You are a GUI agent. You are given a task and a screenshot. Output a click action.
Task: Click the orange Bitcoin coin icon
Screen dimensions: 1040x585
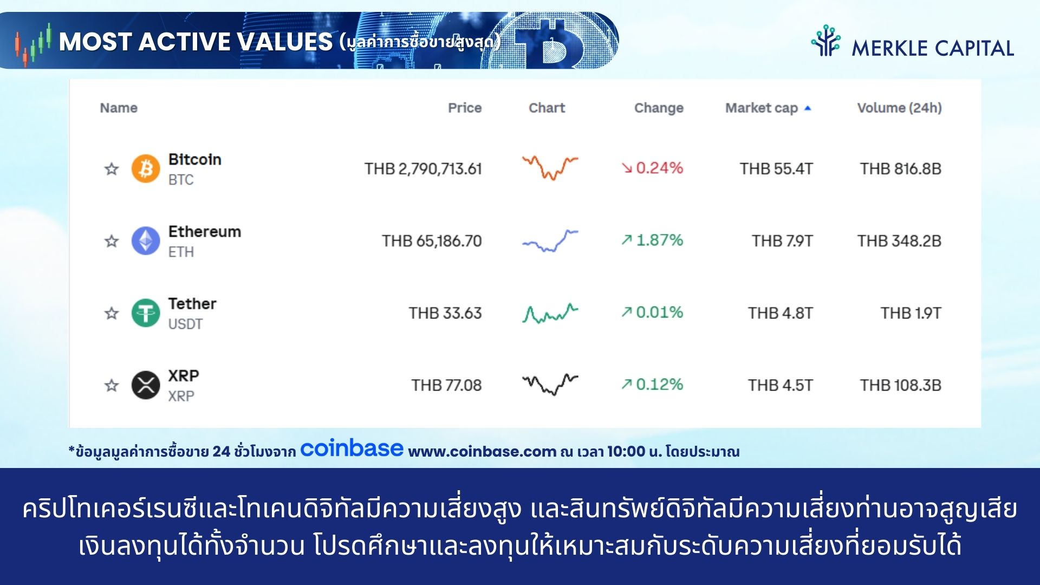click(x=146, y=168)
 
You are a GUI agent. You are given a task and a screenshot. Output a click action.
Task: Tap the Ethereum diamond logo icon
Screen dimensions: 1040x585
click(x=146, y=240)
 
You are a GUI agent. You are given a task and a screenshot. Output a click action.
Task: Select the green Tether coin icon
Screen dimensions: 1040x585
click(x=146, y=313)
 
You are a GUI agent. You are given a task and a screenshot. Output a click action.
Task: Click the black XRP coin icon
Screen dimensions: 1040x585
click(x=146, y=385)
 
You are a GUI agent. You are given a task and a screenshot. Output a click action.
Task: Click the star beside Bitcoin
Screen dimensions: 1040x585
click(x=112, y=168)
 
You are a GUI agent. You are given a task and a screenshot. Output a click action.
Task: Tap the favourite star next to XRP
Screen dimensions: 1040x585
click(x=112, y=385)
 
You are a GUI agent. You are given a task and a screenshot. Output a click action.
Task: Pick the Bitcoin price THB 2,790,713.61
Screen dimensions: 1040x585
click(x=423, y=169)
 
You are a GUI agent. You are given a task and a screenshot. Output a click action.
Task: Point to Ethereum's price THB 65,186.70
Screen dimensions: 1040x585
click(x=432, y=241)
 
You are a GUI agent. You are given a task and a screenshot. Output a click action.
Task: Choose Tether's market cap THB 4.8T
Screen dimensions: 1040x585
click(x=781, y=313)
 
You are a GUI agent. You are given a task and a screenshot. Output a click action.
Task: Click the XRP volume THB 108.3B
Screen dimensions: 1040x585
click(x=901, y=385)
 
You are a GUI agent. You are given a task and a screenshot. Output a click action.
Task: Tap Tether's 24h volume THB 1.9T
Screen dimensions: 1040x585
click(x=911, y=313)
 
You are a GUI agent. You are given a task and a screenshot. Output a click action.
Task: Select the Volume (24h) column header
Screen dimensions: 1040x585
click(x=900, y=108)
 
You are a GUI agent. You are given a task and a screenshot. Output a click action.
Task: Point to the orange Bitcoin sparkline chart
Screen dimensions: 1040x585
click(x=550, y=167)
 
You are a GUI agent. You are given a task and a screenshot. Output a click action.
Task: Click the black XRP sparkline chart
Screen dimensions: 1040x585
click(x=550, y=384)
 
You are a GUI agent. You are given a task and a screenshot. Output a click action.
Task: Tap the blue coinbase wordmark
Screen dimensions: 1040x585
click(x=352, y=448)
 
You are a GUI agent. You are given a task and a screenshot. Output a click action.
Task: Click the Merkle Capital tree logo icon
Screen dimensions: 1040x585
click(x=825, y=41)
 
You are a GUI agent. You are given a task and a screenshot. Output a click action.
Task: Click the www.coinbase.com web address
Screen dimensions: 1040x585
click(x=482, y=452)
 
